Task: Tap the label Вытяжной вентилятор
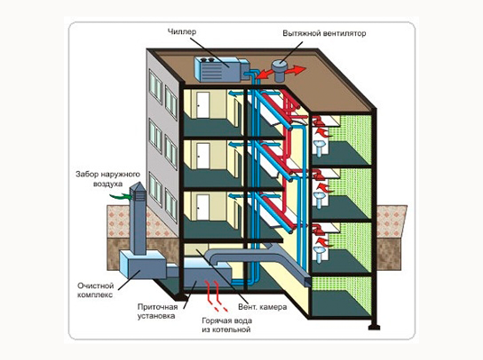324,34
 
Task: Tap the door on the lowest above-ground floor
204,206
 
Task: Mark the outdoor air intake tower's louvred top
138,196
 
